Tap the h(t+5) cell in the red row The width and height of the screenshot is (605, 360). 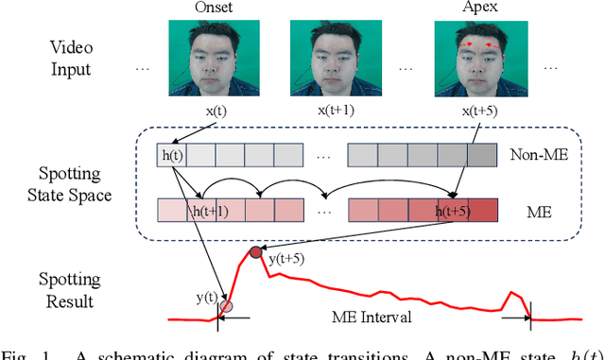click(x=454, y=210)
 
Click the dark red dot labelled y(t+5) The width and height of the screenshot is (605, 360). click(x=254, y=252)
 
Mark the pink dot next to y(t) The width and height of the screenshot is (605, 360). click(x=225, y=306)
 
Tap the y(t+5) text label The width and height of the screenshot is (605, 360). click(x=285, y=259)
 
